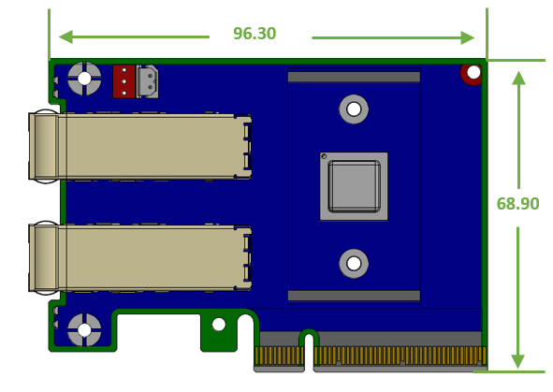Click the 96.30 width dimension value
[x=255, y=34]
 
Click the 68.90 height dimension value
[x=517, y=204]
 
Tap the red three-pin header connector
[x=124, y=81]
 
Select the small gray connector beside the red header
[x=148, y=81]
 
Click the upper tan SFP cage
[x=140, y=147]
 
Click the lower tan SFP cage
[x=140, y=258]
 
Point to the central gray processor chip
[x=354, y=186]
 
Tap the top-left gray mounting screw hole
[x=84, y=79]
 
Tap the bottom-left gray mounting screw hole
[x=84, y=330]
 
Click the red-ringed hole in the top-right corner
[x=473, y=74]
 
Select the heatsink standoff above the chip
[x=354, y=109]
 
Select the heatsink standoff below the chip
[x=354, y=263]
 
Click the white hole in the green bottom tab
[x=219, y=325]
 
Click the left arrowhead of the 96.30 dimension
[x=65, y=36]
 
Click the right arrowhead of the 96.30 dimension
[x=468, y=37]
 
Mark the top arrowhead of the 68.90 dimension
[x=518, y=78]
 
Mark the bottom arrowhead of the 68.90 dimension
[x=517, y=361]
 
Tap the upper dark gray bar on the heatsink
[x=354, y=77]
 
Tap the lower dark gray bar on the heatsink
[x=354, y=296]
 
